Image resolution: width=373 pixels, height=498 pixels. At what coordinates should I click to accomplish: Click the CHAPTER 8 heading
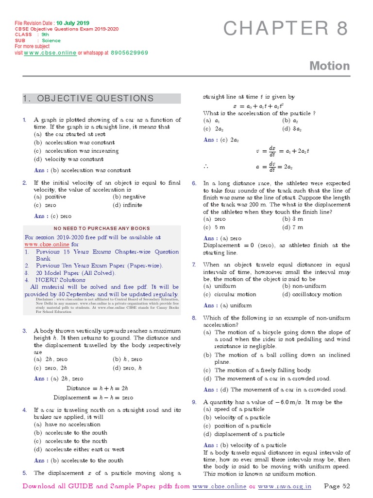pos(286,29)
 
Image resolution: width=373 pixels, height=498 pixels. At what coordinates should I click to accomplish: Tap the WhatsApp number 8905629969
pos(129,53)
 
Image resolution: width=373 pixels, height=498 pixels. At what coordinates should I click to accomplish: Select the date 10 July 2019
pos(72,23)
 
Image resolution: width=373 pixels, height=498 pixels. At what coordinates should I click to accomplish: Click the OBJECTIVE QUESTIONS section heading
pos(88,99)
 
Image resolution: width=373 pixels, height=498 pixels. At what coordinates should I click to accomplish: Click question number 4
pos(24,410)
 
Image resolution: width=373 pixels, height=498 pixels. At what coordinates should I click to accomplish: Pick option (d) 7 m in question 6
pos(293,227)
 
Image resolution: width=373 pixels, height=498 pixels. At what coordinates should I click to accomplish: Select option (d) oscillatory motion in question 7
pos(312,294)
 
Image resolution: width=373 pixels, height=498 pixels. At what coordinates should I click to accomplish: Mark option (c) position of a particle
pos(237,426)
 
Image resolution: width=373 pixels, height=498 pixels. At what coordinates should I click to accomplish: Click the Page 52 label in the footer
pos(337,486)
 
